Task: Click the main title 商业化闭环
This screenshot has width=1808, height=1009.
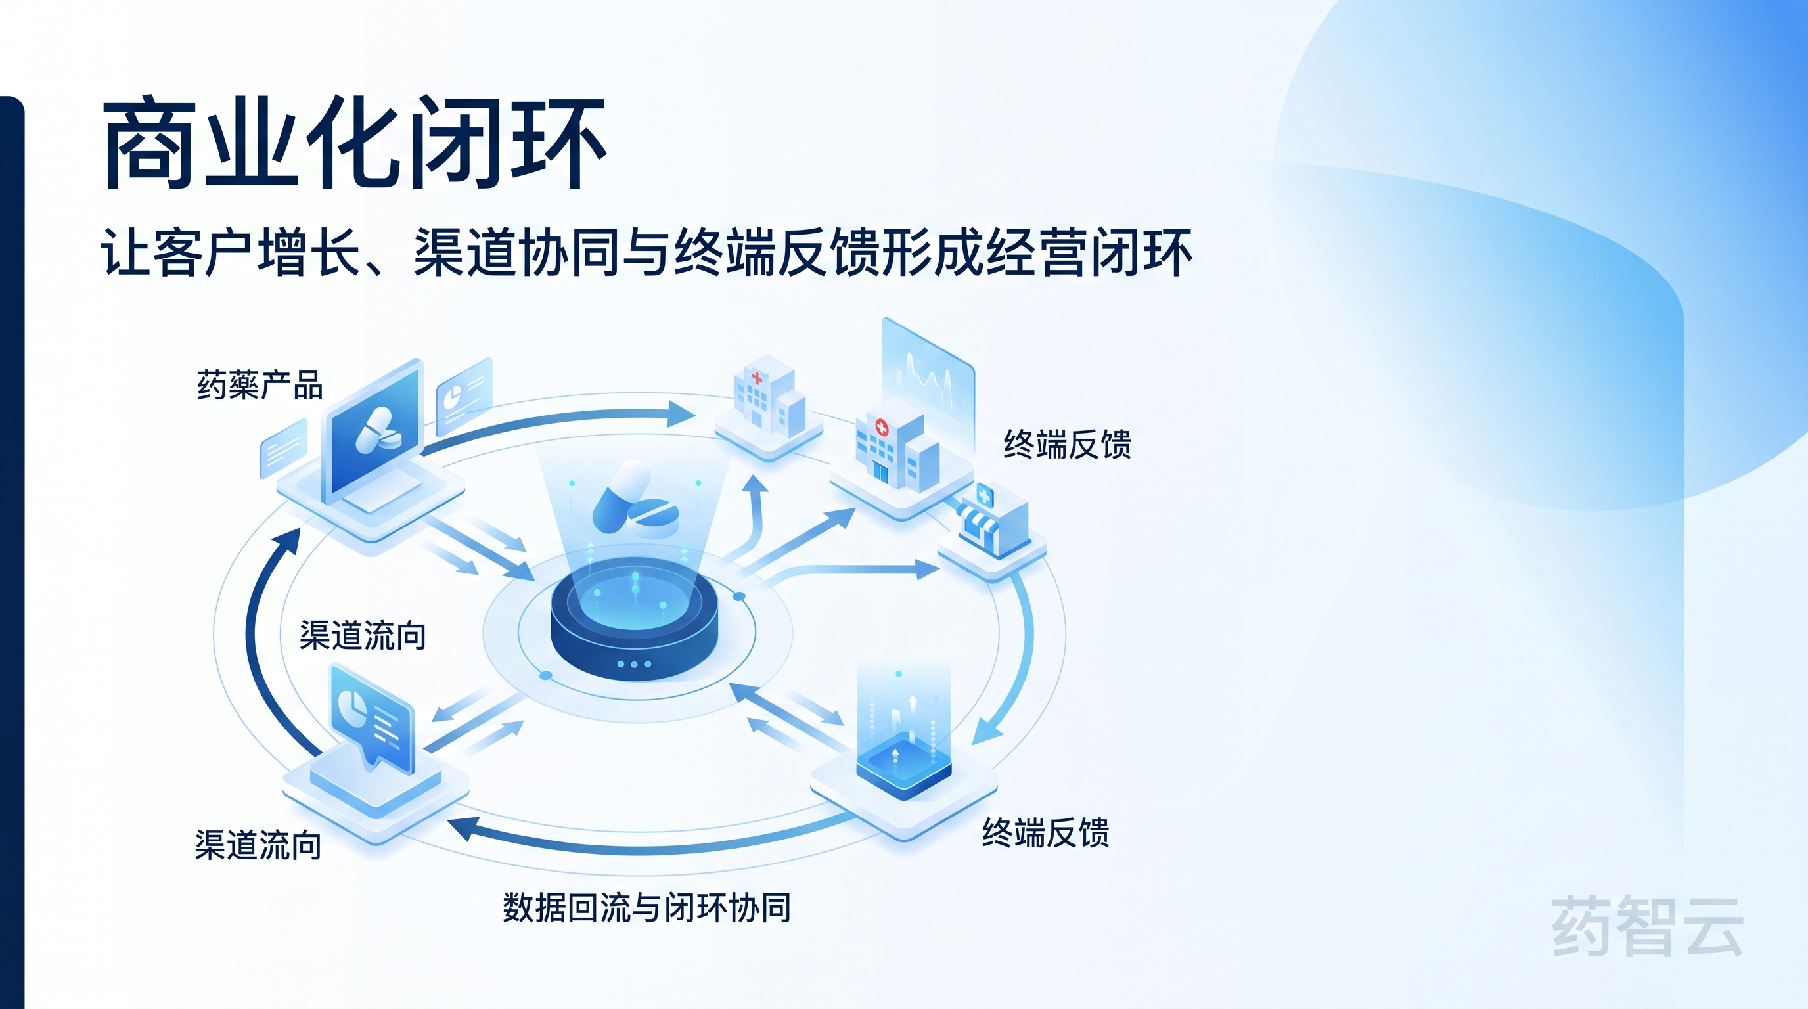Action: point(355,144)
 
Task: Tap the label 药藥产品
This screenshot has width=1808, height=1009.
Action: point(260,385)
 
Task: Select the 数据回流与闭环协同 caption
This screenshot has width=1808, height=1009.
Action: point(646,907)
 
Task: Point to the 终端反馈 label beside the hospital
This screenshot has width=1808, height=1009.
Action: point(1067,445)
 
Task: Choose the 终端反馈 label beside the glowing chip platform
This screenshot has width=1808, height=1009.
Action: point(1045,833)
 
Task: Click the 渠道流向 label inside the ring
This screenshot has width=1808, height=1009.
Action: point(362,636)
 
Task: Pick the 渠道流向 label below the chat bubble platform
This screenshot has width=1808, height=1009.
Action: point(258,845)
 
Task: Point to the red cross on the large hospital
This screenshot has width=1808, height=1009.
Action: point(881,426)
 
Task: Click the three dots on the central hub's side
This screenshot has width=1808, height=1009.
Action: point(634,663)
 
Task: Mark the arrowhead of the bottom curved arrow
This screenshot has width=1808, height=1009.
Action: point(460,828)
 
